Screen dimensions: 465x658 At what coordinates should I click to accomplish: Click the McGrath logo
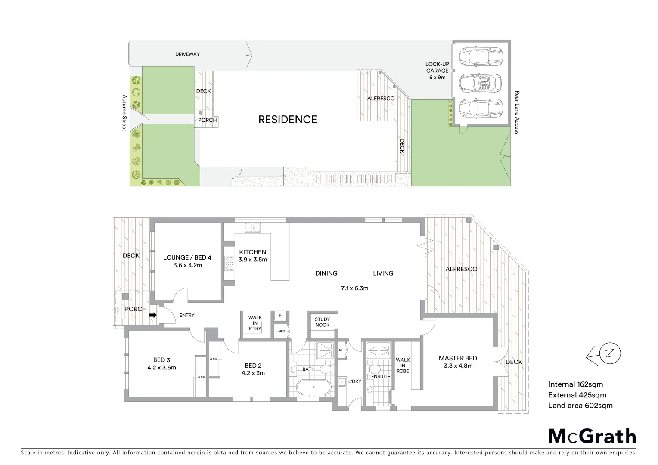[592, 436]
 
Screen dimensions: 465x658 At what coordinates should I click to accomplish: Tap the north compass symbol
[603, 354]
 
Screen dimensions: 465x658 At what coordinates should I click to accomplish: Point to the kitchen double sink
[253, 228]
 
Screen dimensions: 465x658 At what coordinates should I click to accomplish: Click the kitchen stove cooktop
[230, 263]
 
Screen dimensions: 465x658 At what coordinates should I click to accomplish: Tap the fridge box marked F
[280, 316]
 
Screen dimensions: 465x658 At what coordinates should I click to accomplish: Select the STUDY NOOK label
[322, 322]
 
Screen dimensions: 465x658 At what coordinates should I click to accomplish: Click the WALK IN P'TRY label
[255, 323]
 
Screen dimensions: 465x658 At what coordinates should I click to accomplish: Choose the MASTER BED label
[458, 358]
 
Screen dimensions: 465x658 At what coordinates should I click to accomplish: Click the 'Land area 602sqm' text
[580, 405]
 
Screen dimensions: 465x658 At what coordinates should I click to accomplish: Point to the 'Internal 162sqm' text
[575, 384]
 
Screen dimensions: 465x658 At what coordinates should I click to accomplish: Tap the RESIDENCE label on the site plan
[287, 120]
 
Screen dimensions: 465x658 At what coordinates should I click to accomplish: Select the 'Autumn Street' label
[124, 113]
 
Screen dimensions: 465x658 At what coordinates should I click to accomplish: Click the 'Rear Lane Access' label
[517, 112]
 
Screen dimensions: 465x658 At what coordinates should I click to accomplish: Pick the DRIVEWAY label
[187, 54]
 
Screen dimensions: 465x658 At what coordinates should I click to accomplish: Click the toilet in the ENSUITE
[374, 369]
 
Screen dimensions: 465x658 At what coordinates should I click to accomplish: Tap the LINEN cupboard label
[280, 331]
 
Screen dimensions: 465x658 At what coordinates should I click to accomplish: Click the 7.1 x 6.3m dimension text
[354, 288]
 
